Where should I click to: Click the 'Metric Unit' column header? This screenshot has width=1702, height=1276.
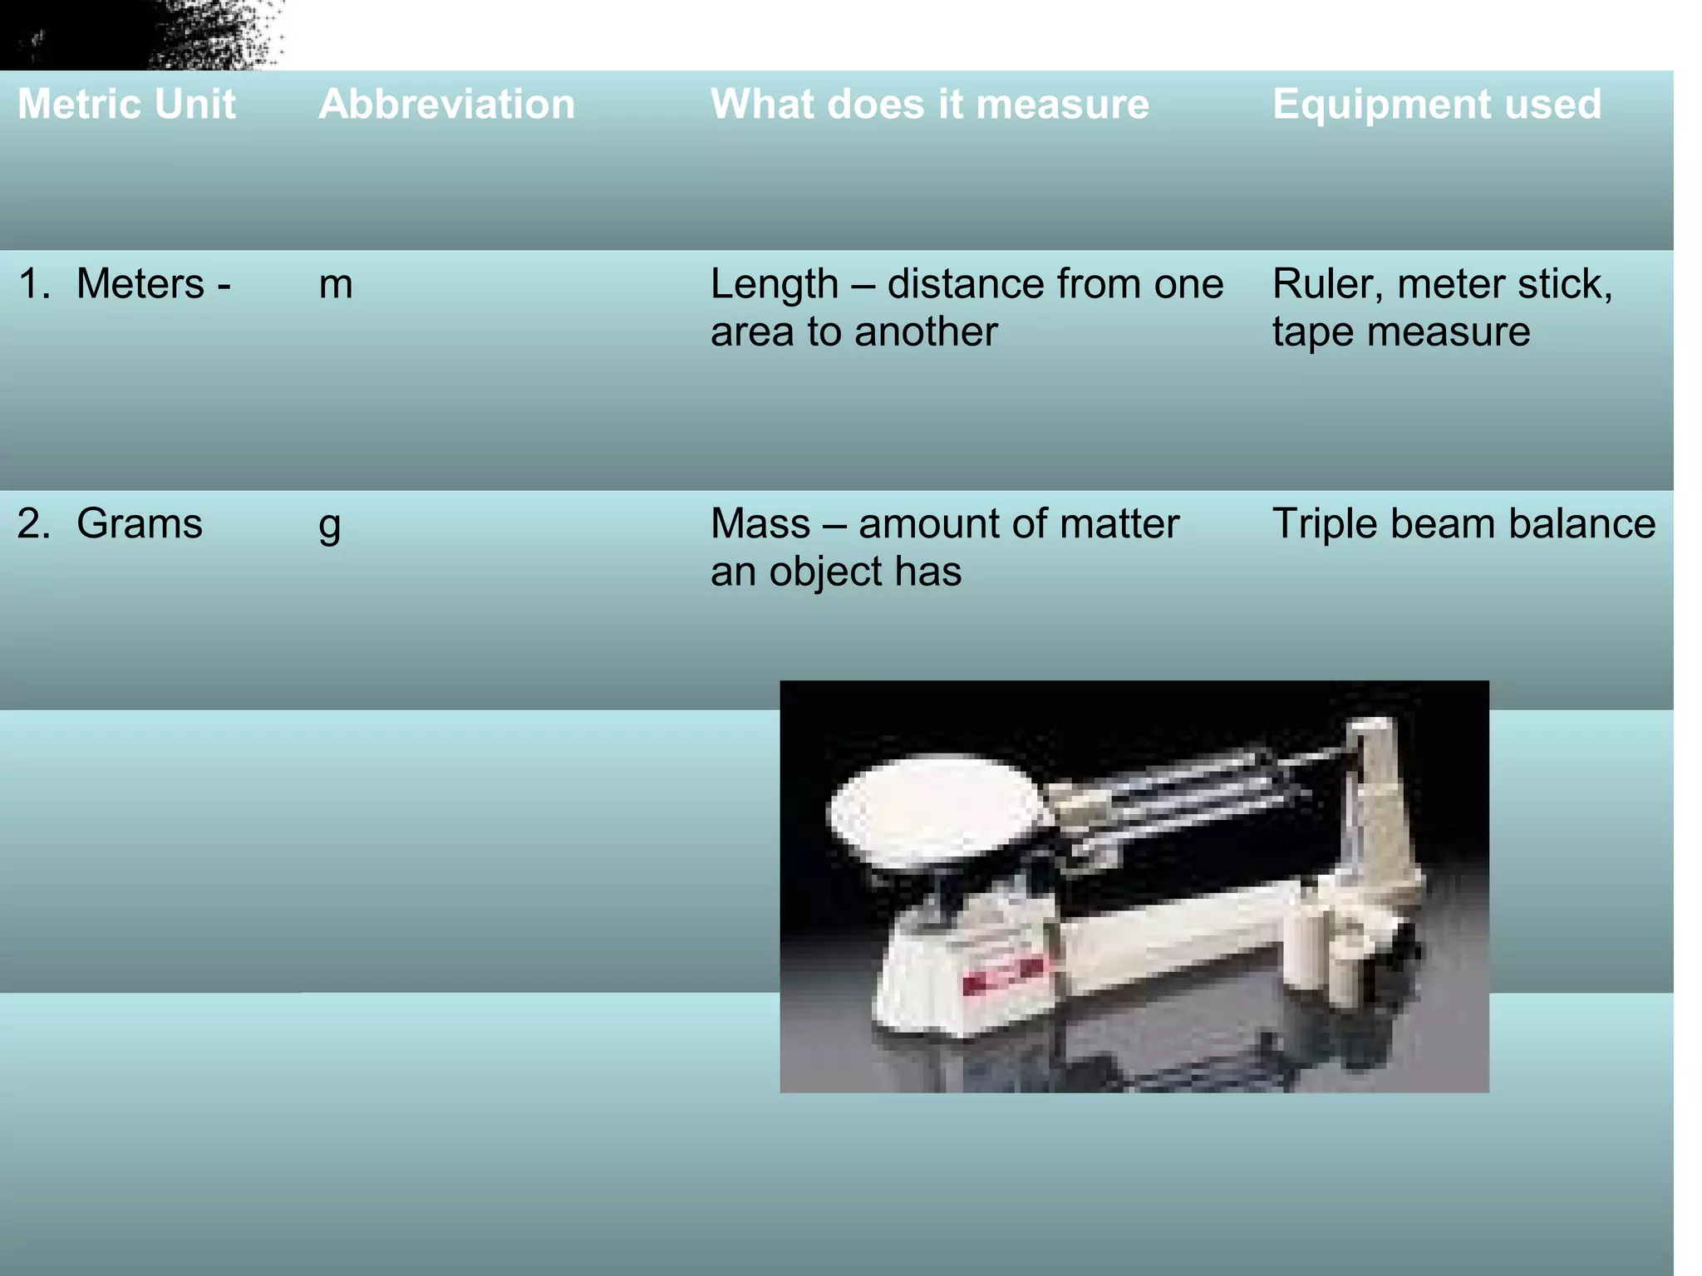(126, 105)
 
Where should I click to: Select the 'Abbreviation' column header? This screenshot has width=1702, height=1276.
(446, 105)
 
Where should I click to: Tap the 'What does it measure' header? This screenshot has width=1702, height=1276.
(929, 105)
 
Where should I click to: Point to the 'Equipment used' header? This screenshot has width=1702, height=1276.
(1436, 105)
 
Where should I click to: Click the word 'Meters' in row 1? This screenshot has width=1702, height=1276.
(140, 284)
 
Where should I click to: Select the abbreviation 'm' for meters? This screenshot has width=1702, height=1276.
(336, 285)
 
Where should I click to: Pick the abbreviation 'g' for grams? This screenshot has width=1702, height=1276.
(330, 525)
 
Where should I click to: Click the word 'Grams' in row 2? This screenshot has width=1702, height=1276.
(139, 524)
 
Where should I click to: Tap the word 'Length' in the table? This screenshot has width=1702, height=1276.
(774, 285)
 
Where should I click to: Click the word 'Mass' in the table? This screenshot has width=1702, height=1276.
(760, 524)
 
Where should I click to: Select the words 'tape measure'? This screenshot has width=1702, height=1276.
(1400, 332)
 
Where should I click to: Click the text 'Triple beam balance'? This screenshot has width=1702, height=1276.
(1463, 524)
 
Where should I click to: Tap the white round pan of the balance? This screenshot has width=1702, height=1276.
(935, 806)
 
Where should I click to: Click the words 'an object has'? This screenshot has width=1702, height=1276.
(835, 572)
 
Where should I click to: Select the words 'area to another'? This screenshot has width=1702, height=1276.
(853, 332)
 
